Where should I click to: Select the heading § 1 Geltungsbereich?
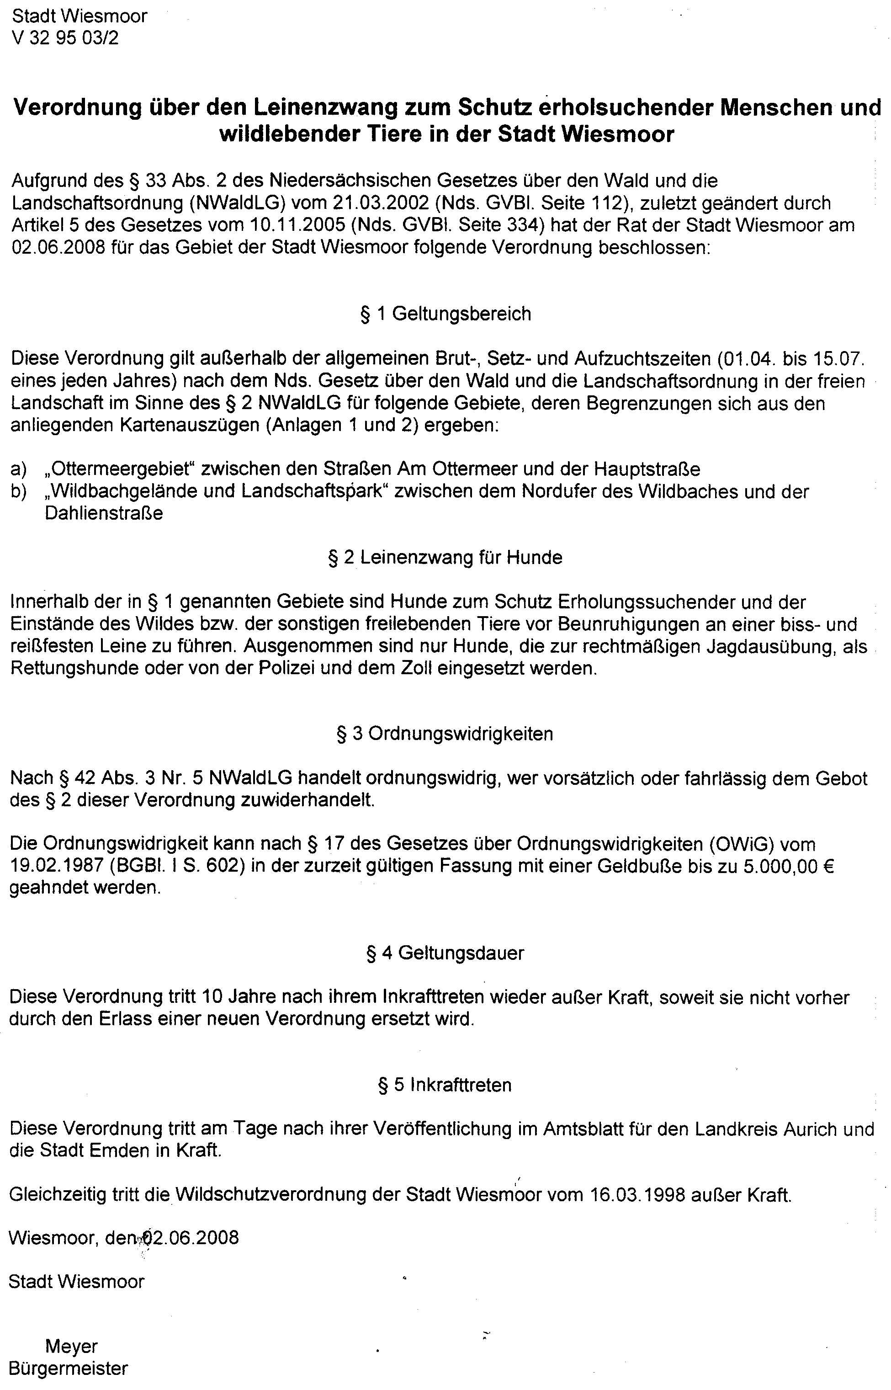click(x=445, y=314)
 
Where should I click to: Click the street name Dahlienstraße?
click(x=104, y=513)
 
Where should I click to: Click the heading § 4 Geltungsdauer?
click(x=445, y=953)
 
